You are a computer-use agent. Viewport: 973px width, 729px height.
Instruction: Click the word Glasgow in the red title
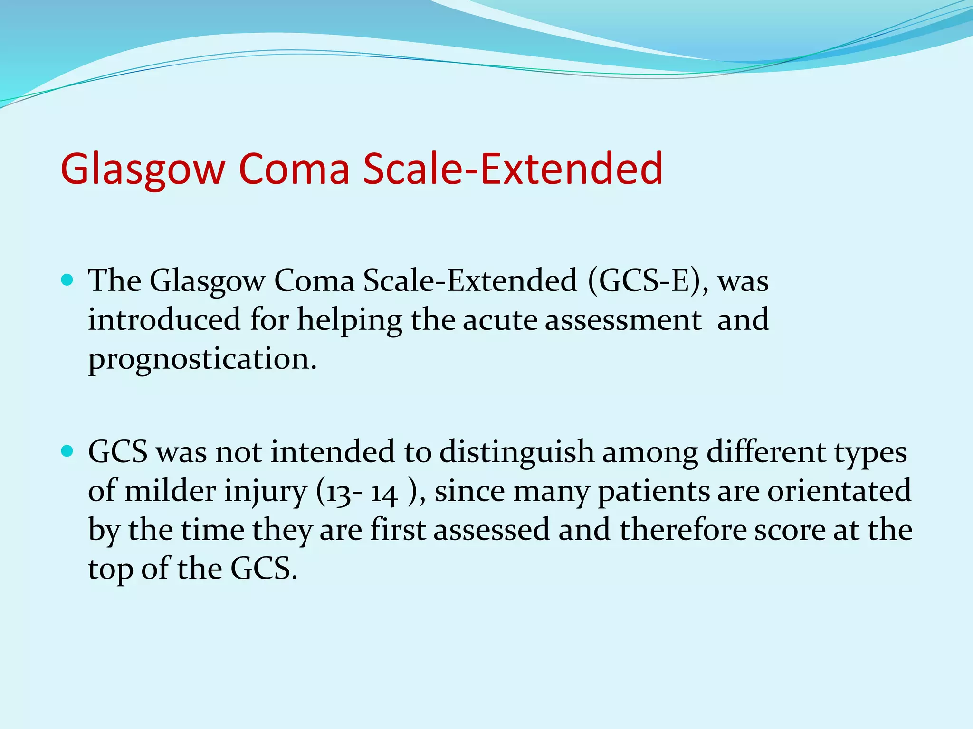click(x=143, y=168)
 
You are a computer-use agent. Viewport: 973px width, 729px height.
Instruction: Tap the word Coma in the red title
click(x=294, y=168)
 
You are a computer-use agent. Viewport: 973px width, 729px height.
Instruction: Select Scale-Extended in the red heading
click(x=513, y=168)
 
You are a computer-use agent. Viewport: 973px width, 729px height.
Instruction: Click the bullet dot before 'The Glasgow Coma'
click(x=67, y=280)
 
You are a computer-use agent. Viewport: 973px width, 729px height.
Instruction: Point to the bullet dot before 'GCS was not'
click(x=67, y=451)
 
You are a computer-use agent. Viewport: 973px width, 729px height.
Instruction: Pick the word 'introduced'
click(x=164, y=319)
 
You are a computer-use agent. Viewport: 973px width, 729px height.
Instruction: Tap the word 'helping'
click(x=349, y=320)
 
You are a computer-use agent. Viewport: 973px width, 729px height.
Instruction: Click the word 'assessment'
click(x=623, y=320)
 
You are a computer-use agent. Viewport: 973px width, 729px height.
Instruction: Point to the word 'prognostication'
click(x=202, y=360)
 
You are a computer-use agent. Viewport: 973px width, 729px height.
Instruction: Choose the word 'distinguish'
click(x=516, y=452)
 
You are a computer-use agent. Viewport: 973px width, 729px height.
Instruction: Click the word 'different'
click(x=766, y=451)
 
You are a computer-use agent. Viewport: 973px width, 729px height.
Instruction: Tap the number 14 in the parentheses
click(x=384, y=493)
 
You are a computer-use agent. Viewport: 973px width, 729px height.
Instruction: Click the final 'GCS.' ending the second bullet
click(x=264, y=569)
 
